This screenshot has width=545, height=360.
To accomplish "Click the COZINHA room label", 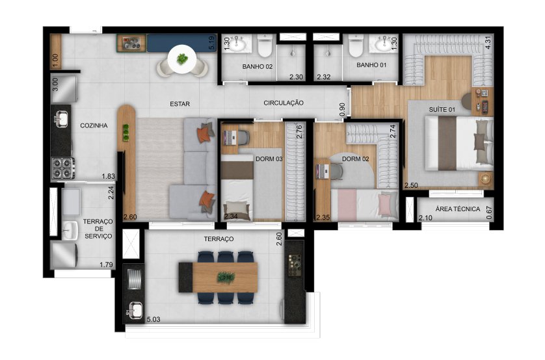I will click(x=94, y=125).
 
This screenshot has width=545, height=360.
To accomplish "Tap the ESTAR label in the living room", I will click(x=179, y=103).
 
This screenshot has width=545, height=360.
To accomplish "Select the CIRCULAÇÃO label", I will click(x=284, y=103).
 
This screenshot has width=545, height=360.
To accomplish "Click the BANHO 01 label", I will click(x=371, y=66).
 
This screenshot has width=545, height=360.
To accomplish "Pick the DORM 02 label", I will click(x=355, y=159).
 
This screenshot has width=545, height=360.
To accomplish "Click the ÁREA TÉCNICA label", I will click(x=458, y=209).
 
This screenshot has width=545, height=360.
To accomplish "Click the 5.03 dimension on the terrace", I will click(x=154, y=319).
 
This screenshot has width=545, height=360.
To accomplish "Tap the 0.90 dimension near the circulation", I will click(x=343, y=111).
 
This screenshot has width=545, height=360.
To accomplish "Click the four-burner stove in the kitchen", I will click(x=61, y=168).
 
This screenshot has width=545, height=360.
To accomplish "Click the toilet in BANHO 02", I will click(x=264, y=46).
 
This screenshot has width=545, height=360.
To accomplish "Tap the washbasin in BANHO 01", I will click(x=380, y=44).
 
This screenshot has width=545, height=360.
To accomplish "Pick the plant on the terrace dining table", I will click(x=226, y=277).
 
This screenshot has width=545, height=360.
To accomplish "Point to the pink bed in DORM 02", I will click(x=364, y=203).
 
